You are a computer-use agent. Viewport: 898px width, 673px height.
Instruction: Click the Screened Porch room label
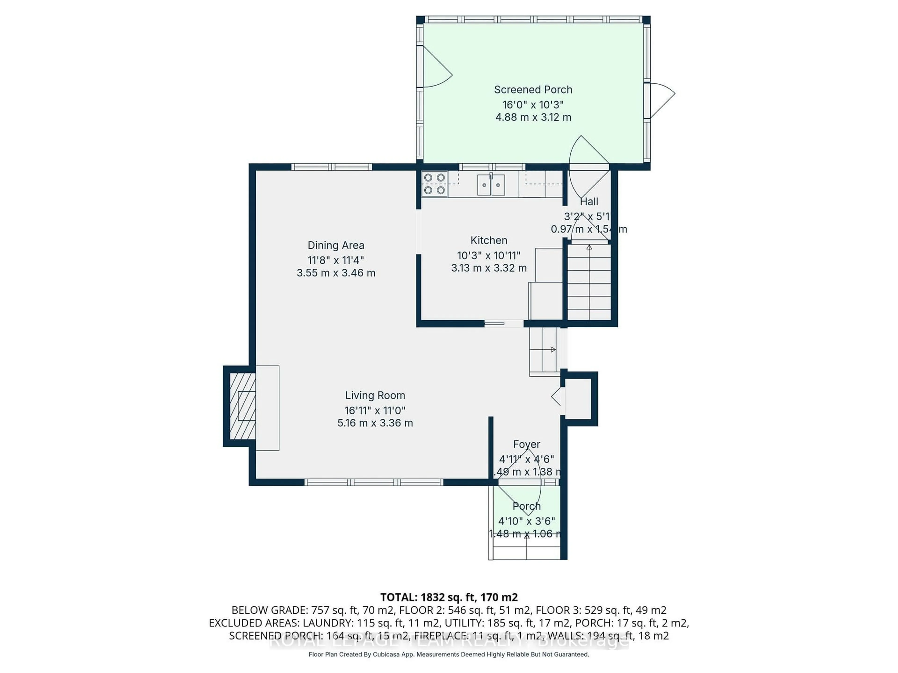click(533, 90)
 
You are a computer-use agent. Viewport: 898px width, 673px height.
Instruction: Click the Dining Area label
click(336, 245)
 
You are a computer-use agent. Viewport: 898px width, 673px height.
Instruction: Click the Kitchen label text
click(489, 240)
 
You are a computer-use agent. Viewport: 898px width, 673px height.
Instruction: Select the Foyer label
click(527, 444)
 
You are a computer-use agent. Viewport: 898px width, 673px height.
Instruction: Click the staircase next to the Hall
click(589, 282)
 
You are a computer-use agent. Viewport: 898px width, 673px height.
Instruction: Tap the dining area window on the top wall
click(332, 167)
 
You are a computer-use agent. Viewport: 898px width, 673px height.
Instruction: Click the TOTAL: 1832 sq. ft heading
click(449, 597)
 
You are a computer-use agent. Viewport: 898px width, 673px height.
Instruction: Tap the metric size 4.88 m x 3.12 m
click(533, 118)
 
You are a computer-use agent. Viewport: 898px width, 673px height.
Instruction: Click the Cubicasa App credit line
click(449, 654)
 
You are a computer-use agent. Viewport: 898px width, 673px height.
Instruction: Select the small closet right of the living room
click(578, 399)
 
